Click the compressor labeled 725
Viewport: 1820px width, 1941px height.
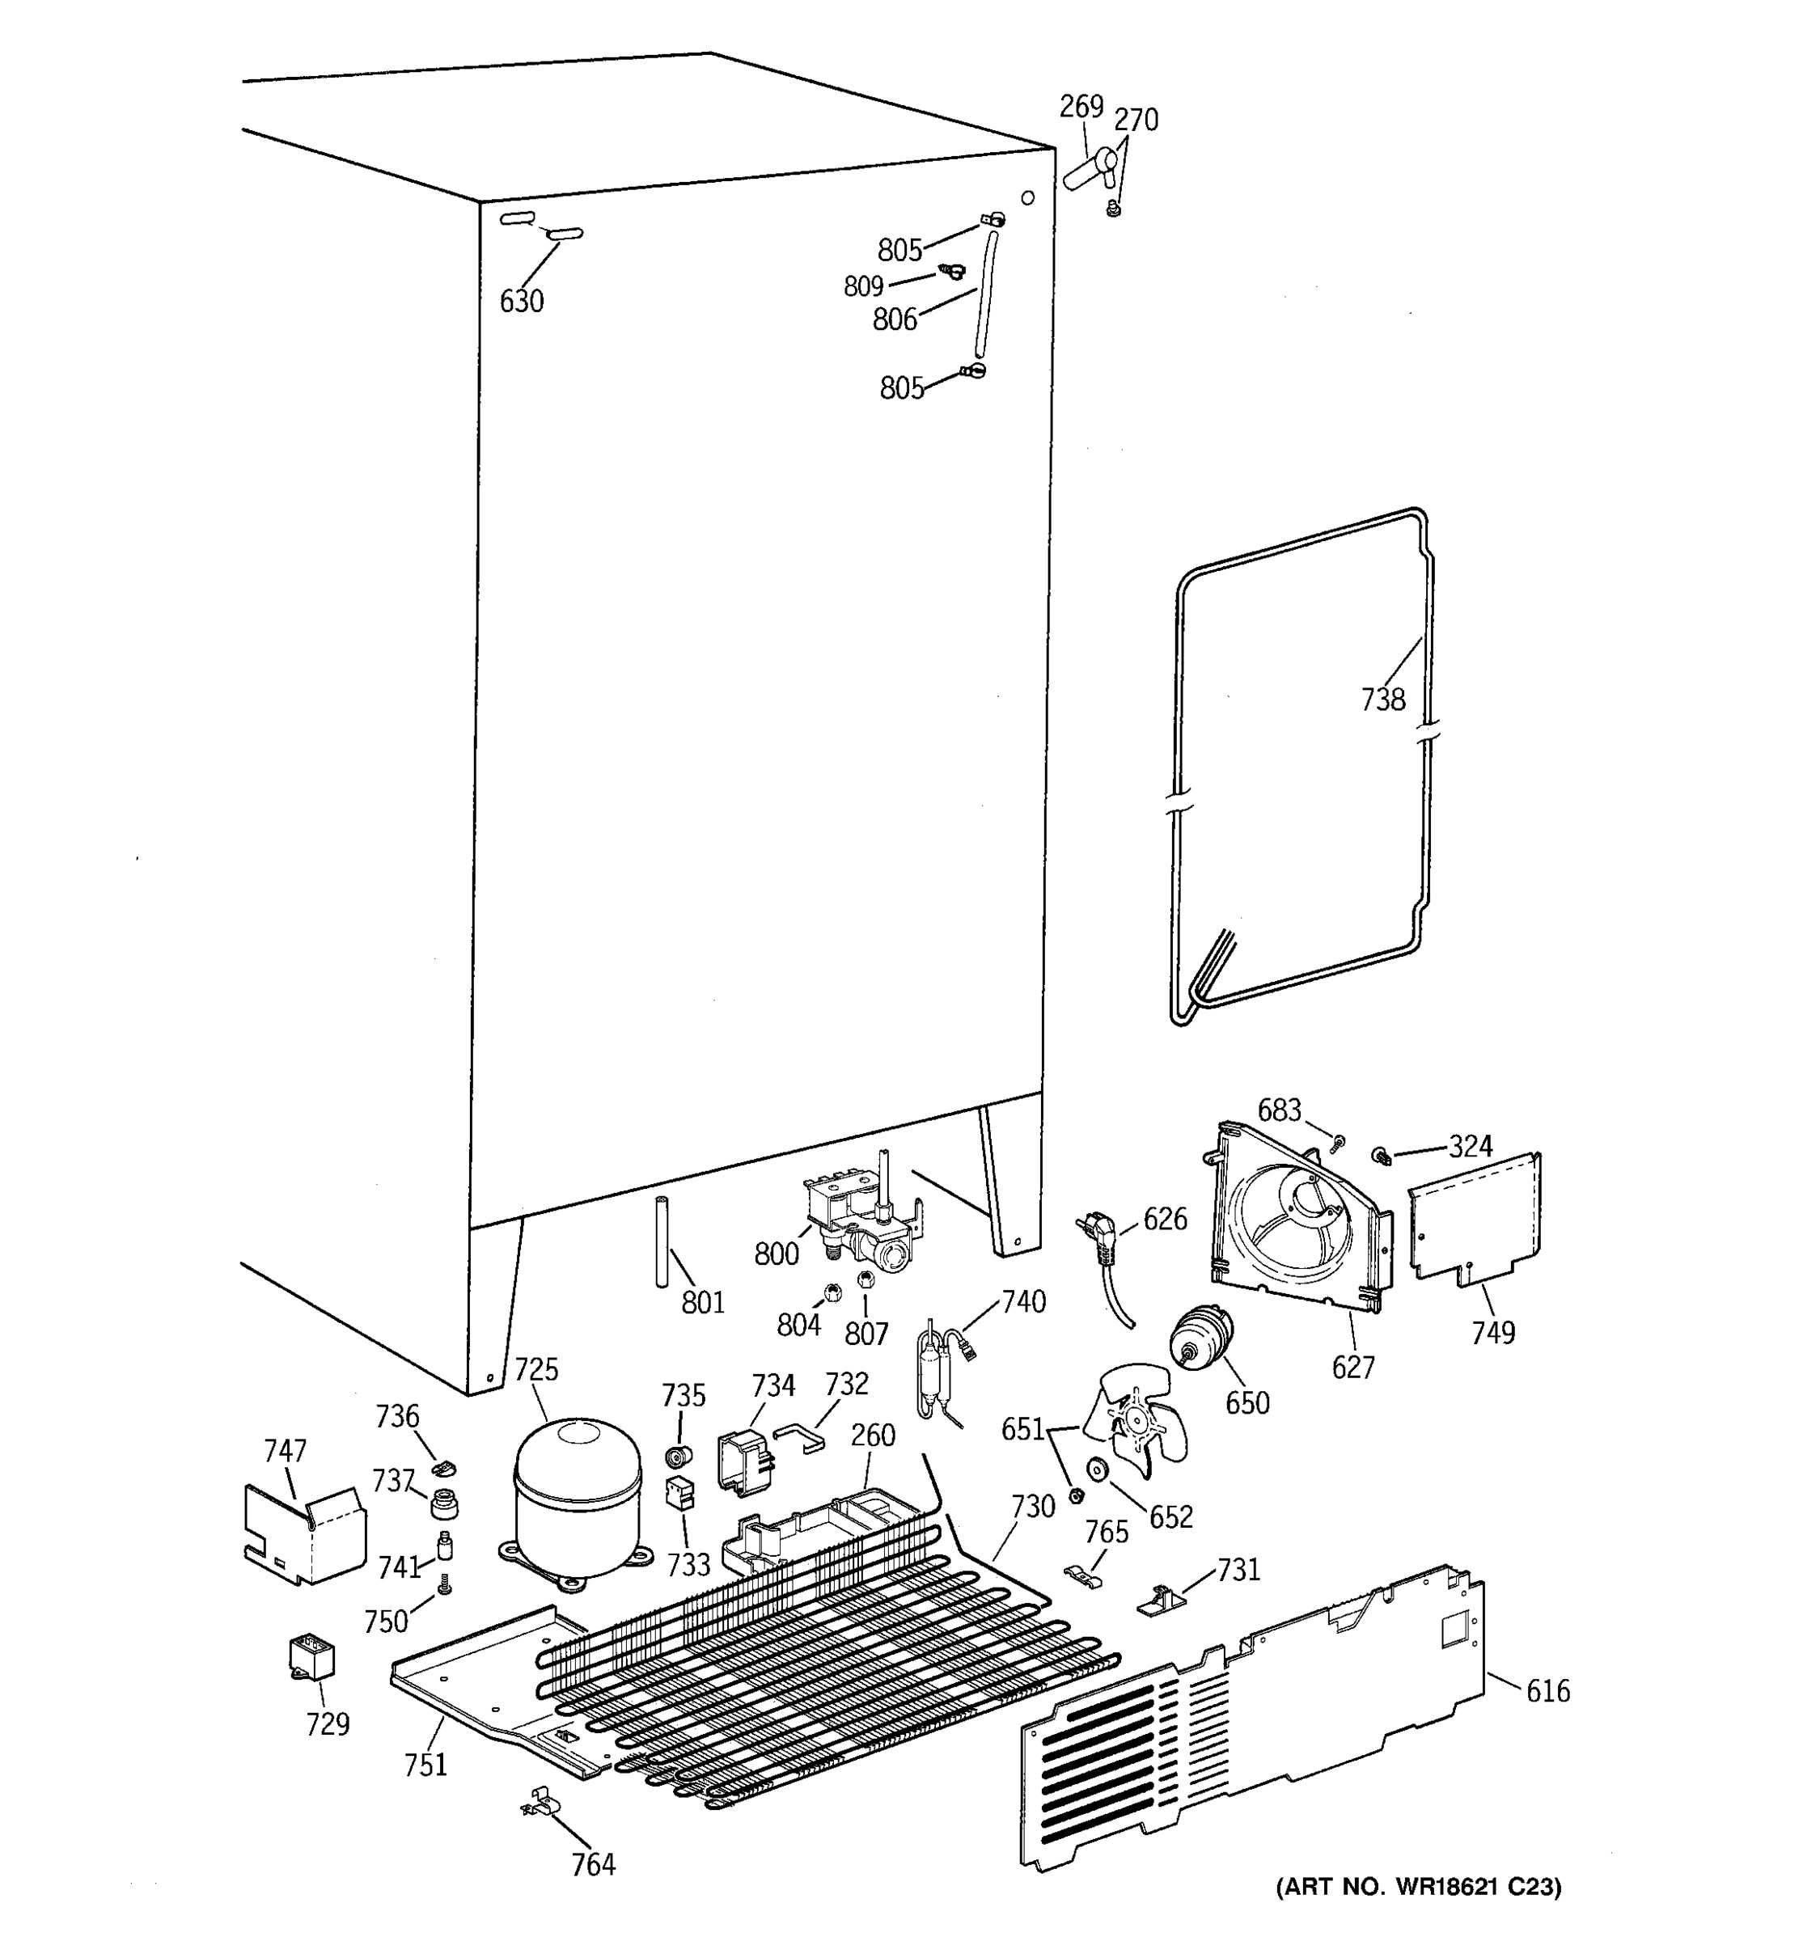[577, 1499]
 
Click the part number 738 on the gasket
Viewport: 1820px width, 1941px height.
[1382, 699]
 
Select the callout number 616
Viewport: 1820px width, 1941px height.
[1547, 1690]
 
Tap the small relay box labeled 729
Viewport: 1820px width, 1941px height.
[311, 1658]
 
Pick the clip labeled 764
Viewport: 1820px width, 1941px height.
[538, 1805]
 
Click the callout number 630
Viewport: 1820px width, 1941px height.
[522, 301]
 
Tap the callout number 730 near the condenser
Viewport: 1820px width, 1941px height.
[1032, 1507]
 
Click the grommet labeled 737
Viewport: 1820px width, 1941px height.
[444, 1503]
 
